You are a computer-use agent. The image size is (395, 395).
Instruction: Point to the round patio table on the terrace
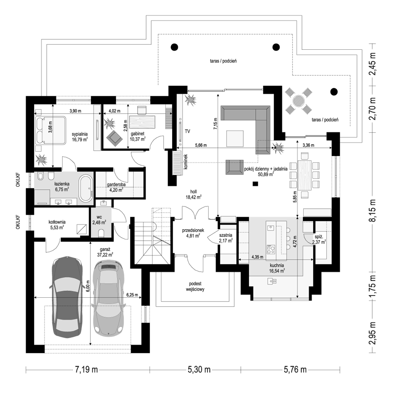[299, 101]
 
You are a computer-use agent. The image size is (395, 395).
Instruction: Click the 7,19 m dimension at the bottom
[87, 370]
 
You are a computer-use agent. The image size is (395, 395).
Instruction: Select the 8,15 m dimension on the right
[373, 211]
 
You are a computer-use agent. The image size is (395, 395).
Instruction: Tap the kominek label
[186, 162]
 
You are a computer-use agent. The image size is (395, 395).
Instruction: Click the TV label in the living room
[187, 131]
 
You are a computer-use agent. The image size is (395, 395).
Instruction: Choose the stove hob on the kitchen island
[271, 249]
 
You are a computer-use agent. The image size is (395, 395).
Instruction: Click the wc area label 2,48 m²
[99, 222]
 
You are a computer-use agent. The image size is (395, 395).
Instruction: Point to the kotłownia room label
[57, 222]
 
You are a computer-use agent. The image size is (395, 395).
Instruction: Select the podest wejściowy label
[195, 287]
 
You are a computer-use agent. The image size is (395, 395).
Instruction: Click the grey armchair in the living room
[234, 167]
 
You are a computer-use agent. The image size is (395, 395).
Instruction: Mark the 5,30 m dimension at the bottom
[199, 370]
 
